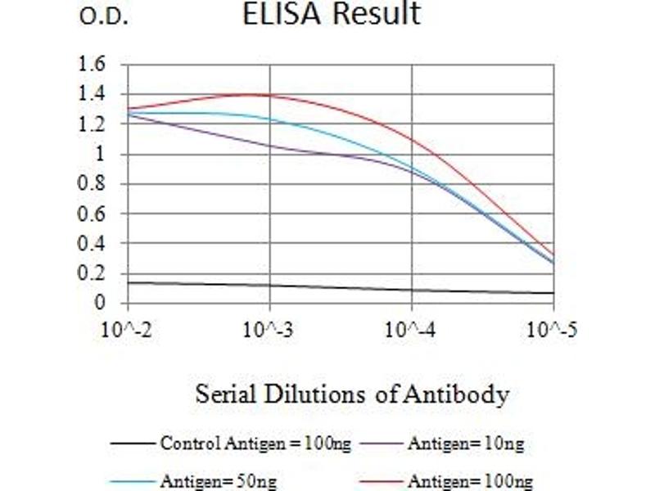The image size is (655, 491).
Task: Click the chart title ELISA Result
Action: coord(331,15)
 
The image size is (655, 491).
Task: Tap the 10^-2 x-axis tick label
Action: coord(127,330)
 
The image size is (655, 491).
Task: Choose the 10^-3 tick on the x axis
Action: coord(269,330)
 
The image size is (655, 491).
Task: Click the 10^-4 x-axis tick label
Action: coord(410,330)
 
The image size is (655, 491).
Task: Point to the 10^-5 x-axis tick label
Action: coord(553,330)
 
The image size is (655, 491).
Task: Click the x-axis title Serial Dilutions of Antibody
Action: coord(352,394)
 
